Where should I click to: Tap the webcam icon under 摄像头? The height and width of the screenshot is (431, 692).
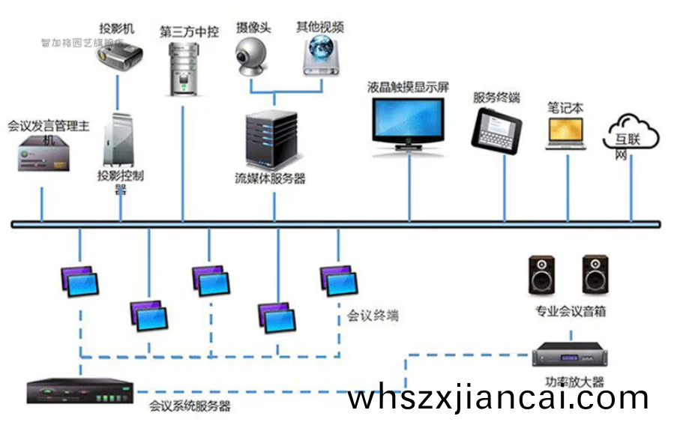[x=252, y=56]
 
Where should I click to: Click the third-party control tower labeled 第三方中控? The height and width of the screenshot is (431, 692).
[x=182, y=68]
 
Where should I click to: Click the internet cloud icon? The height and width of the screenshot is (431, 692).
[x=631, y=133]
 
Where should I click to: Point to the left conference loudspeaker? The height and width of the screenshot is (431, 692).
[x=542, y=275]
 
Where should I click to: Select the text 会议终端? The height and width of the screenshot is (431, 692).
[x=373, y=316]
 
